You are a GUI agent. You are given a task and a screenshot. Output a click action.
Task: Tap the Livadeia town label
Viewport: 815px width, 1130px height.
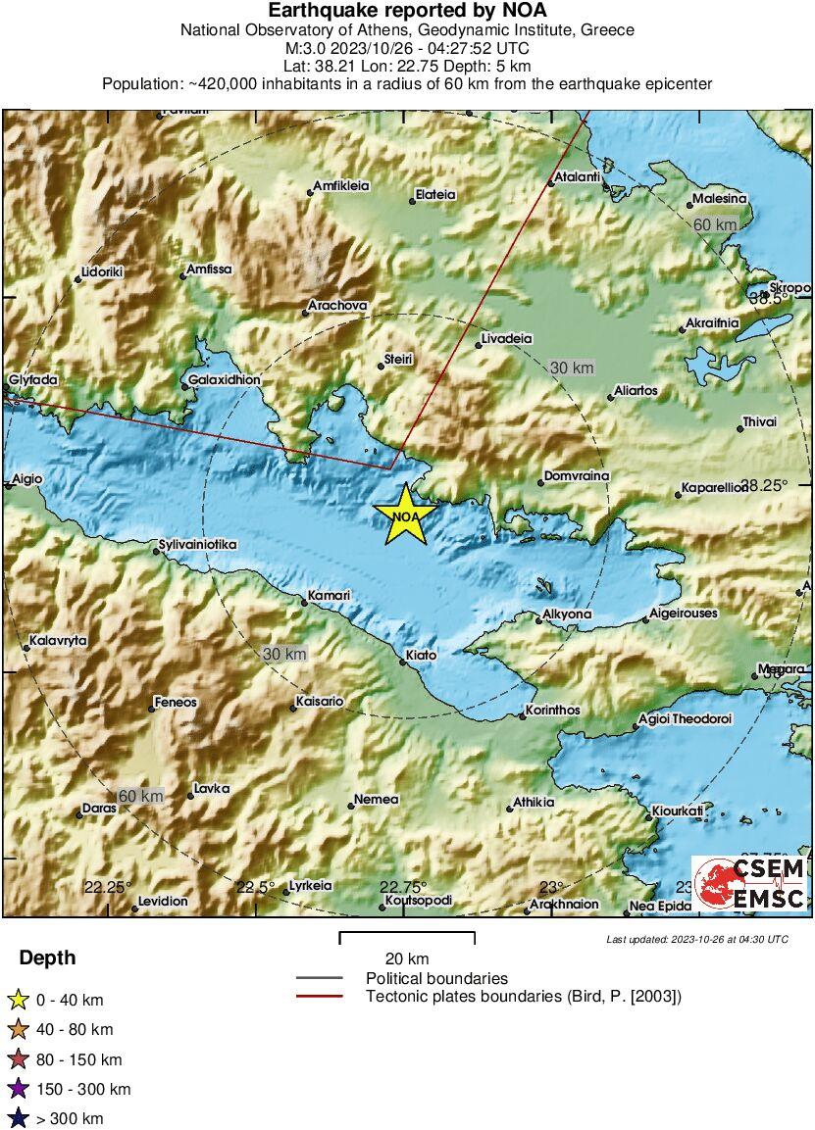tap(506, 339)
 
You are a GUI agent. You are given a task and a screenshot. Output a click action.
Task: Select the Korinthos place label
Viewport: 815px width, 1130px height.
tap(553, 711)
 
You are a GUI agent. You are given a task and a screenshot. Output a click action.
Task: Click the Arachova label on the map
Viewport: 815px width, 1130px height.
tap(337, 306)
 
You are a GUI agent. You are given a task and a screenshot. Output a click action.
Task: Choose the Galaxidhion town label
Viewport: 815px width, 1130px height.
tap(225, 380)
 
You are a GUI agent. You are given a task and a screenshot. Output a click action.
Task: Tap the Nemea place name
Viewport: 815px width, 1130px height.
tap(377, 800)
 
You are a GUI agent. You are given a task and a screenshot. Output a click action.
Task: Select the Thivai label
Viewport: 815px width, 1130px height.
tap(759, 422)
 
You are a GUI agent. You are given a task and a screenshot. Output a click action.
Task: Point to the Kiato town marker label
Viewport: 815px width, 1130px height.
tap(421, 655)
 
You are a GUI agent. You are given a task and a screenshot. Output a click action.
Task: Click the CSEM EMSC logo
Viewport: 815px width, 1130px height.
tap(750, 883)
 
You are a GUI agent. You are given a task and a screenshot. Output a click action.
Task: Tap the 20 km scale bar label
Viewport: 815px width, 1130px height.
tap(407, 958)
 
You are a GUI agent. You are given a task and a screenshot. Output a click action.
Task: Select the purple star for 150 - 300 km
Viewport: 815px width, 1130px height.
tap(18, 1089)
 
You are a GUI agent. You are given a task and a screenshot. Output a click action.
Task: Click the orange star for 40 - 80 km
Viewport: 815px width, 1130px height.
tap(18, 1029)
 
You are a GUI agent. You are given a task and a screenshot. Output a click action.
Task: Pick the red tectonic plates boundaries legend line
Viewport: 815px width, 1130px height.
tap(319, 997)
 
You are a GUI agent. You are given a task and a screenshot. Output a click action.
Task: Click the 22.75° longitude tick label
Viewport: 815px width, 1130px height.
tap(403, 886)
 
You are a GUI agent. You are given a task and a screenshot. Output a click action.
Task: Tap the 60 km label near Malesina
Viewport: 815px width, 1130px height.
tap(715, 225)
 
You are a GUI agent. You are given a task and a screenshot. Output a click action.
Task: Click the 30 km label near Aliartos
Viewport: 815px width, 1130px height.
tap(572, 368)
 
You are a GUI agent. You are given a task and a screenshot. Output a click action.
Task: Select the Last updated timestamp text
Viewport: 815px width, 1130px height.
tap(696, 939)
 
